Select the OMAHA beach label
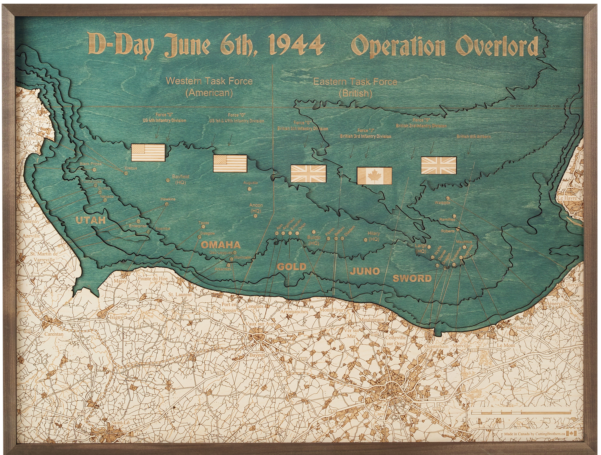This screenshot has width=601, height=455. (220, 245)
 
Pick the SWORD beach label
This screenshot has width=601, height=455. (412, 278)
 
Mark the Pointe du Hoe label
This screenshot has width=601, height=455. (152, 278)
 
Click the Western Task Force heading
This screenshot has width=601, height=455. (209, 81)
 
